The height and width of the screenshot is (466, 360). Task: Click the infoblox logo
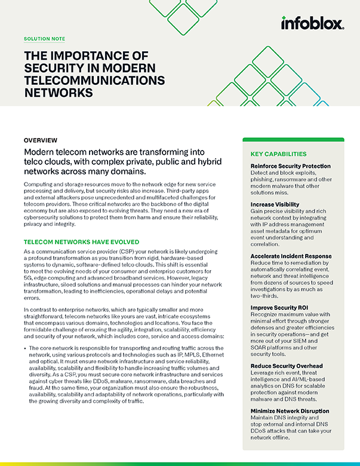coord(312,23)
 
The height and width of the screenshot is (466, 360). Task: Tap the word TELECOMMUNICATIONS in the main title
coord(94,81)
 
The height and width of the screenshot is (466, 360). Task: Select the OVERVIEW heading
coord(41,140)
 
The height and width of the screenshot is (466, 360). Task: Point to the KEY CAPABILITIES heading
coord(278,154)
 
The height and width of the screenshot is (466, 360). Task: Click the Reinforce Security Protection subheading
coord(290,165)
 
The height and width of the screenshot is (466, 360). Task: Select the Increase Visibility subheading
coord(275,205)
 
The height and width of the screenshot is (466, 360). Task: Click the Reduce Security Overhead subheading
coord(287,366)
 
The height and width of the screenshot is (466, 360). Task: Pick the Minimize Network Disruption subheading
coord(290,411)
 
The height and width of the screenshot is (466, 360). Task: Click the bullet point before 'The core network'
coord(24,347)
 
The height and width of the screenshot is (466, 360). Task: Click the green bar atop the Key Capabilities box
coord(293,140)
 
